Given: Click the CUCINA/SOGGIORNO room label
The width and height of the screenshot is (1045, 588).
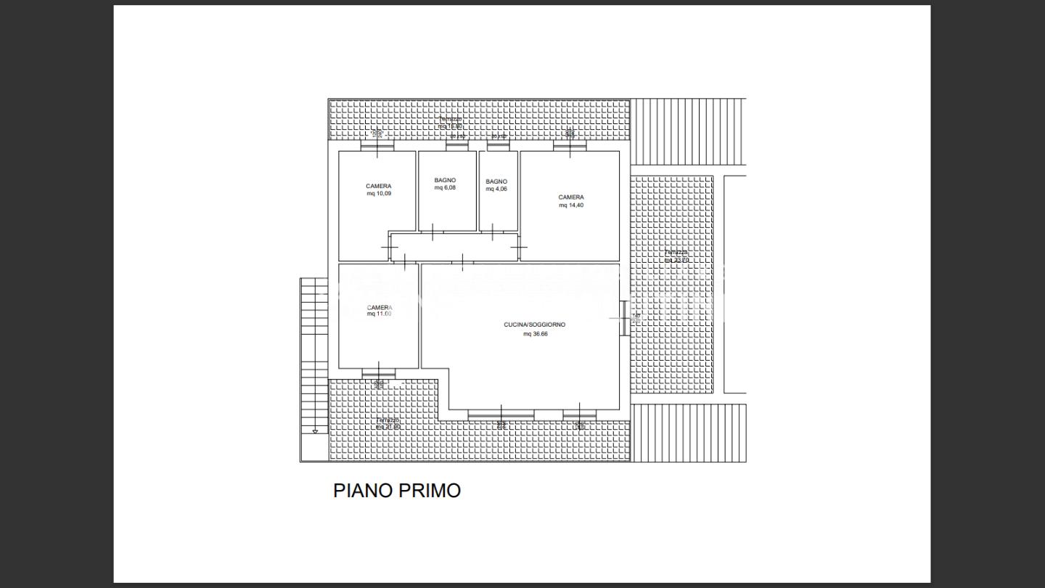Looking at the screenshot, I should pyautogui.click(x=534, y=324).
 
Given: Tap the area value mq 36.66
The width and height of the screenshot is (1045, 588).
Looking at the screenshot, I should pyautogui.click(x=534, y=335).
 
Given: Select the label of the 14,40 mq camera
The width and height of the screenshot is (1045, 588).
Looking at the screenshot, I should pyautogui.click(x=570, y=197).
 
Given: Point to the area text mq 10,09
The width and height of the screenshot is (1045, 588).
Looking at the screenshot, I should pyautogui.click(x=379, y=194).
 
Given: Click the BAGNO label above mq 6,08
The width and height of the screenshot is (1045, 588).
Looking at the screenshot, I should pyautogui.click(x=445, y=180).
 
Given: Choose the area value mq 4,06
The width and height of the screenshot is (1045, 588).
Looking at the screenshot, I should pyautogui.click(x=496, y=189).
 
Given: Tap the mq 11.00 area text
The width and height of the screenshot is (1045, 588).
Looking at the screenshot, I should pyautogui.click(x=379, y=314).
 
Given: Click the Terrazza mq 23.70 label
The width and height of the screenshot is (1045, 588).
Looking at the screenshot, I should pyautogui.click(x=676, y=256).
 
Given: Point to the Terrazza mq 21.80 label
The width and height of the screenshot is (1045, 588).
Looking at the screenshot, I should pyautogui.click(x=388, y=423).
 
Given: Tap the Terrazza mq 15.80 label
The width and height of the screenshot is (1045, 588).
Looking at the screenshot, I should pyautogui.click(x=450, y=123).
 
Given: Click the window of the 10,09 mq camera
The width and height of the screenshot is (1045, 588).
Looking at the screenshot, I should pyautogui.click(x=377, y=145).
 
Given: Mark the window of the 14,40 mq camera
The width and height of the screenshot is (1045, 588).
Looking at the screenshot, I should pyautogui.click(x=570, y=145).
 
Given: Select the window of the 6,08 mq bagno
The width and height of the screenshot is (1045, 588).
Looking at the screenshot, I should pyautogui.click(x=457, y=146).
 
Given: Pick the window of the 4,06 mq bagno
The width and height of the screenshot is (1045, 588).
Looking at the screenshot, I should pyautogui.click(x=498, y=146).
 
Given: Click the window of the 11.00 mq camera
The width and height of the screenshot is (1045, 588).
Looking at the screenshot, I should pyautogui.click(x=379, y=375).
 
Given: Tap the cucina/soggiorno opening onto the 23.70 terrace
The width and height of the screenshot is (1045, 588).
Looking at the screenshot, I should pyautogui.click(x=624, y=318).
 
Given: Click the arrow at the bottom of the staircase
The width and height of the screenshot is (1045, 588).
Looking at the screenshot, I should pyautogui.click(x=315, y=432).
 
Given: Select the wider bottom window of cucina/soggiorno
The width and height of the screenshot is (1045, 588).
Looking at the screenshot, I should pyautogui.click(x=501, y=415).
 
